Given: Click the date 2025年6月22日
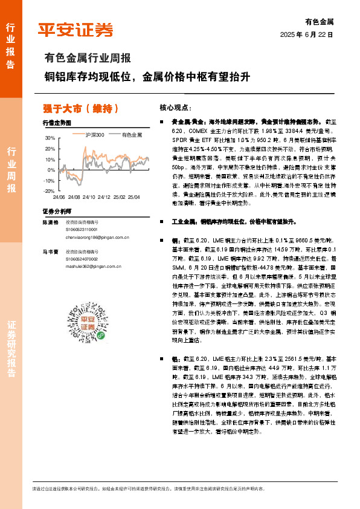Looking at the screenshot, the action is click(x=307, y=35).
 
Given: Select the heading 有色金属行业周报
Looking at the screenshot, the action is click(x=88, y=59).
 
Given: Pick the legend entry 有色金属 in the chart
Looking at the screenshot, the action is click(x=132, y=134).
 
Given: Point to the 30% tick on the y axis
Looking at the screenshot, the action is click(x=50, y=138).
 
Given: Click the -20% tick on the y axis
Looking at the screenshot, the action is click(x=49, y=191).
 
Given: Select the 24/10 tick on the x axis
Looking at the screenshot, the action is click(x=89, y=197).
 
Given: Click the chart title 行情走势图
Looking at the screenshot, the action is click(x=56, y=123).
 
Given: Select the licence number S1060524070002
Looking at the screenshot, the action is click(x=82, y=258).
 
